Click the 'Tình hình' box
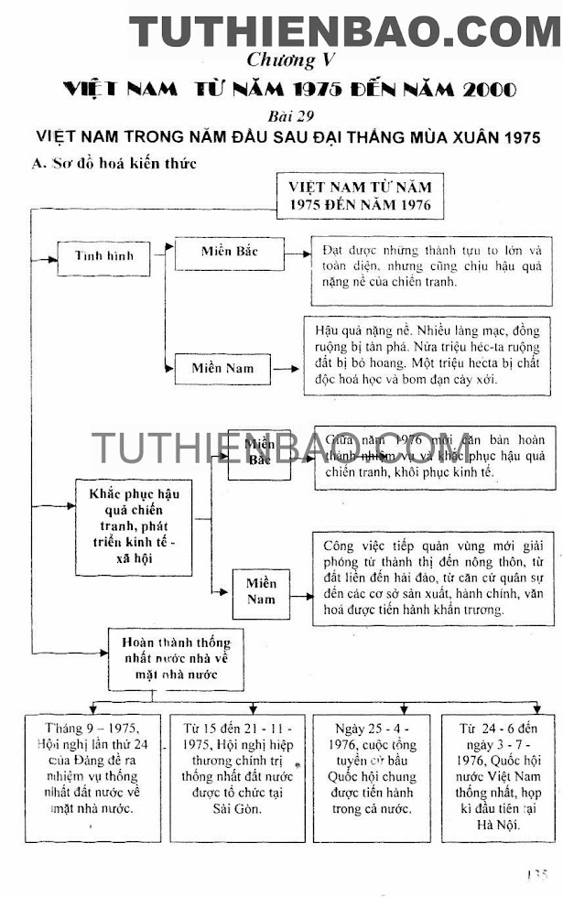coord(103,256)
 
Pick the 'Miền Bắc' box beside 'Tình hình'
coord(229,252)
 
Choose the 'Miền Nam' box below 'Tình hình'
coord(220,369)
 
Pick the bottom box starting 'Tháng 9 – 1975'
coord(92,777)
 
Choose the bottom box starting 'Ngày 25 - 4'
coord(374,777)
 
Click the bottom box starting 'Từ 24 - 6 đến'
coord(499,777)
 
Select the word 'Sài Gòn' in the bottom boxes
coord(236,809)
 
